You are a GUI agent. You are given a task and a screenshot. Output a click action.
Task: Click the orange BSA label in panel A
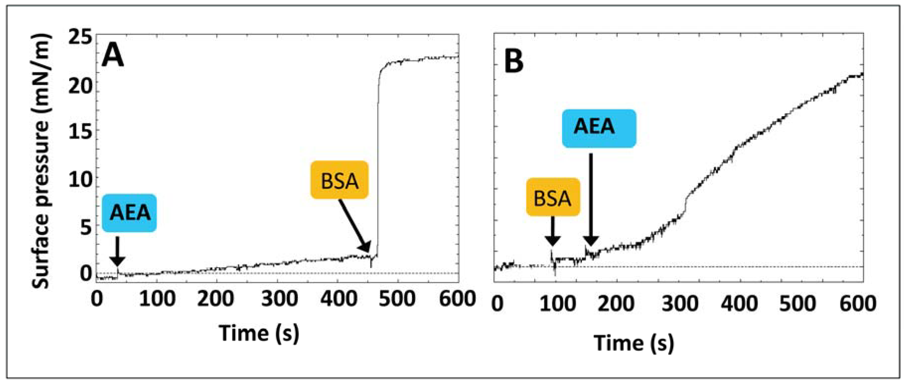(x=339, y=180)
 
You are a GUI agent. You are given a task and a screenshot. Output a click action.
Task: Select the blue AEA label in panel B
(x=599, y=128)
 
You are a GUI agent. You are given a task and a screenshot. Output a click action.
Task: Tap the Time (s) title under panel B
(x=634, y=343)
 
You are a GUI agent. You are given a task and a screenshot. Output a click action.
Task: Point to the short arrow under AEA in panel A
(x=117, y=251)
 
